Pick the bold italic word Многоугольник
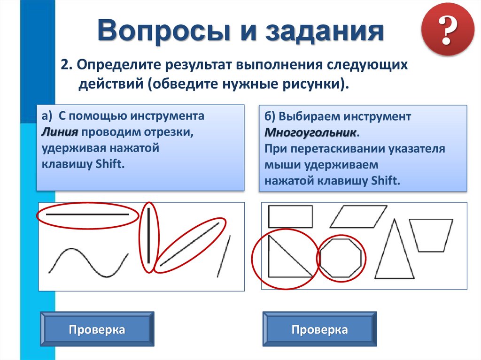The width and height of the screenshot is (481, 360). tap(310, 132)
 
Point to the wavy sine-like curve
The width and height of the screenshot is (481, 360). tap(88, 262)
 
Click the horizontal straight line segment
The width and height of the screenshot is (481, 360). tap(87, 214)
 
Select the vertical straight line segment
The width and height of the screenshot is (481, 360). tap(149, 236)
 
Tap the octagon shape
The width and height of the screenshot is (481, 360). tap(341, 258)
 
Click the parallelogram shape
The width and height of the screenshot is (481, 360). tap(358, 216)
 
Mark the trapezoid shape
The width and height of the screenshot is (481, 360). tap(431, 235)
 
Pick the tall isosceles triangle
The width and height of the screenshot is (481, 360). tap(396, 251)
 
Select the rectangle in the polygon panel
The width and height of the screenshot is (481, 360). tap(290, 216)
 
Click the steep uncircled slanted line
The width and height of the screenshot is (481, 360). tap(223, 256)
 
